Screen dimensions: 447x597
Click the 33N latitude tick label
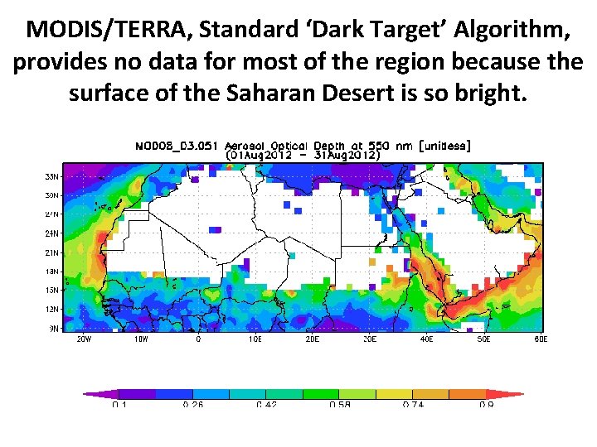point(51,176)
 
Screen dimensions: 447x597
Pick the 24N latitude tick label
point(51,233)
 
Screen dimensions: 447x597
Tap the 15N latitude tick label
point(51,290)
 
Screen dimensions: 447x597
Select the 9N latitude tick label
point(53,328)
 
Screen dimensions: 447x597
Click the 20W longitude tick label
point(84,339)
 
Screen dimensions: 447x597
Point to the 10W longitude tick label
point(141,339)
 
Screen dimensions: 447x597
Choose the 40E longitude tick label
point(426,339)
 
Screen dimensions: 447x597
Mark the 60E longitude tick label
point(540,339)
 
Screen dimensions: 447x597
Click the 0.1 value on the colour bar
point(119,406)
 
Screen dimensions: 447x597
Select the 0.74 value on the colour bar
point(414,406)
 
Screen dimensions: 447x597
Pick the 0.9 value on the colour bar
point(487,406)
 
